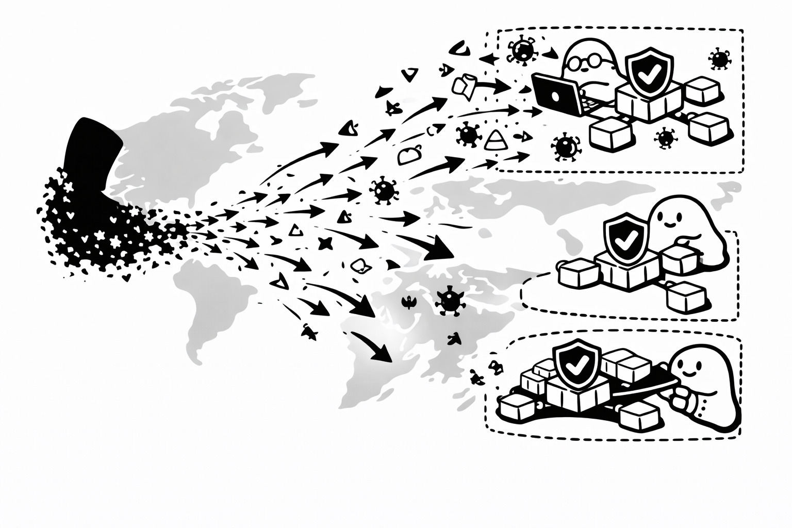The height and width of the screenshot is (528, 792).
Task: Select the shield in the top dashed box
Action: [x=644, y=72]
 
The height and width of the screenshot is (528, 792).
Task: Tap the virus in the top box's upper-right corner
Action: [x=720, y=59]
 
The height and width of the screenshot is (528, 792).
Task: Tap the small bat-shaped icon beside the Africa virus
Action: [x=410, y=302]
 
